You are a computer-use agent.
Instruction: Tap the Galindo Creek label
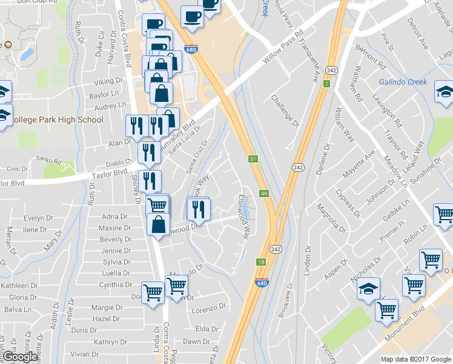(x=403, y=83)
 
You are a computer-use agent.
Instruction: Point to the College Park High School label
(x=58, y=120)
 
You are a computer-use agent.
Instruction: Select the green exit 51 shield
(x=254, y=159)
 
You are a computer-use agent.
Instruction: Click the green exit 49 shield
(x=264, y=194)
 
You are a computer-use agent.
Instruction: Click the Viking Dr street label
(x=108, y=81)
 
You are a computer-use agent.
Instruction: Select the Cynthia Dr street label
(x=115, y=285)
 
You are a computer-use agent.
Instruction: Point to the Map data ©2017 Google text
(x=415, y=359)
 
